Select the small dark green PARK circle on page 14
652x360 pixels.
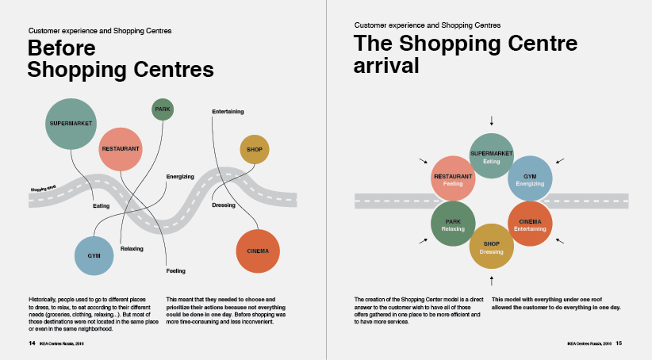click(162, 109)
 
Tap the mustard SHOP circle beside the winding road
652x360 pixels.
click(255, 149)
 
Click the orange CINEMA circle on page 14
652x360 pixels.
click(259, 251)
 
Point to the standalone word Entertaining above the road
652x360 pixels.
click(228, 111)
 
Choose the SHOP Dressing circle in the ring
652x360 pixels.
click(492, 247)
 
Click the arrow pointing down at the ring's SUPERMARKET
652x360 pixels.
click(492, 121)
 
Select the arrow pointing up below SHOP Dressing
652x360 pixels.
click(492, 280)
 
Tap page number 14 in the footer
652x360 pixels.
click(32, 343)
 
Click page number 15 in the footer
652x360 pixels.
click(619, 343)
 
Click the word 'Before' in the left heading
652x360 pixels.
click(62, 48)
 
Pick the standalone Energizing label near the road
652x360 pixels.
click(180, 176)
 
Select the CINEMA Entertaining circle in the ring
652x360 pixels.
click(529, 224)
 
